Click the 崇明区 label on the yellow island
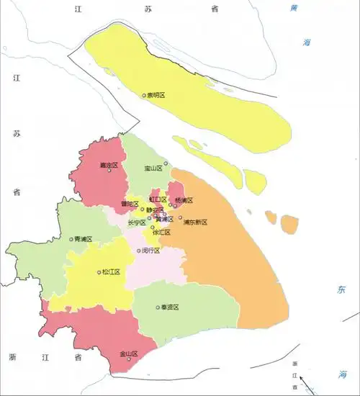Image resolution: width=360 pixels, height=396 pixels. pyautogui.click(x=156, y=95)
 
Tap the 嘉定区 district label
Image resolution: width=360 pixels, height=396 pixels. pyautogui.click(x=109, y=166)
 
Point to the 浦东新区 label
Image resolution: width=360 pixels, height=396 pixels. pyautogui.click(x=195, y=222)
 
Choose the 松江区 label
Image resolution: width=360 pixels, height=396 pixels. pyautogui.click(x=112, y=272)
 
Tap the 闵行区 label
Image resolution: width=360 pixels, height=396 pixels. pyautogui.click(x=152, y=251)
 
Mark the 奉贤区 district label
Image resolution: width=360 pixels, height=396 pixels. pyautogui.click(x=169, y=307)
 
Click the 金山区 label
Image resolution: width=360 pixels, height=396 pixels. pyautogui.click(x=129, y=354)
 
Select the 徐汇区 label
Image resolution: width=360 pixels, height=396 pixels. pyautogui.click(x=161, y=233)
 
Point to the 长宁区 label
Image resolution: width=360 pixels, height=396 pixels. pyautogui.click(x=136, y=223)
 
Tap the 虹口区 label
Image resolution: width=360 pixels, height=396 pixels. pyautogui.click(x=158, y=199)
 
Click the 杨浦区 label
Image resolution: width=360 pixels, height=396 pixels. pyautogui.click(x=185, y=201)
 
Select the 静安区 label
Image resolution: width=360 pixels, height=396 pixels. pyautogui.click(x=155, y=210)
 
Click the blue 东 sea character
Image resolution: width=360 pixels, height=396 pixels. pyautogui.click(x=341, y=290)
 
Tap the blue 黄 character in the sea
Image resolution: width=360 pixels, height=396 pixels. pyautogui.click(x=293, y=9)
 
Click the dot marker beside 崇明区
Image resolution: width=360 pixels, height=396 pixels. pyautogui.click(x=144, y=95)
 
